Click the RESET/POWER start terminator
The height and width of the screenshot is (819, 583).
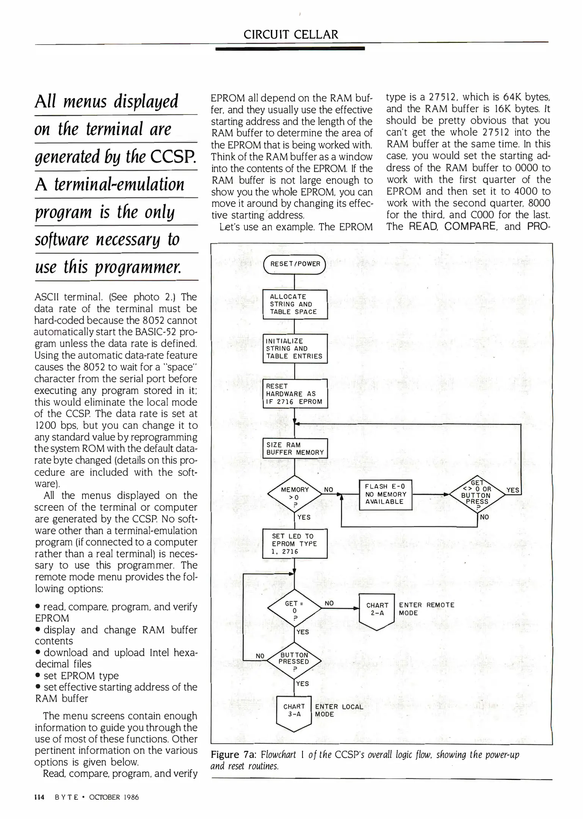tap(295, 264)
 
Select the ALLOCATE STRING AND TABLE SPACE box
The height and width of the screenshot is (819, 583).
tap(295, 304)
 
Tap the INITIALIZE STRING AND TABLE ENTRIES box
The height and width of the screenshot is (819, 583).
tap(295, 348)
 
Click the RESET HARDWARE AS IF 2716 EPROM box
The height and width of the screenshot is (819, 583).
tap(295, 394)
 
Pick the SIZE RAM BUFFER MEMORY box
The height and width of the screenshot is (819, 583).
tap(295, 449)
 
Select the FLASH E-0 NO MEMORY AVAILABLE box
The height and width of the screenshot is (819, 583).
tap(385, 494)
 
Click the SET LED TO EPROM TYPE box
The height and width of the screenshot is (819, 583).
tap(295, 544)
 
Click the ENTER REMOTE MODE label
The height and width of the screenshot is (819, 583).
tap(426, 609)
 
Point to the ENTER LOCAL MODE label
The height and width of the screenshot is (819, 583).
tap(339, 710)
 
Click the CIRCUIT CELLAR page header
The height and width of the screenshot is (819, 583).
tap(291, 35)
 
